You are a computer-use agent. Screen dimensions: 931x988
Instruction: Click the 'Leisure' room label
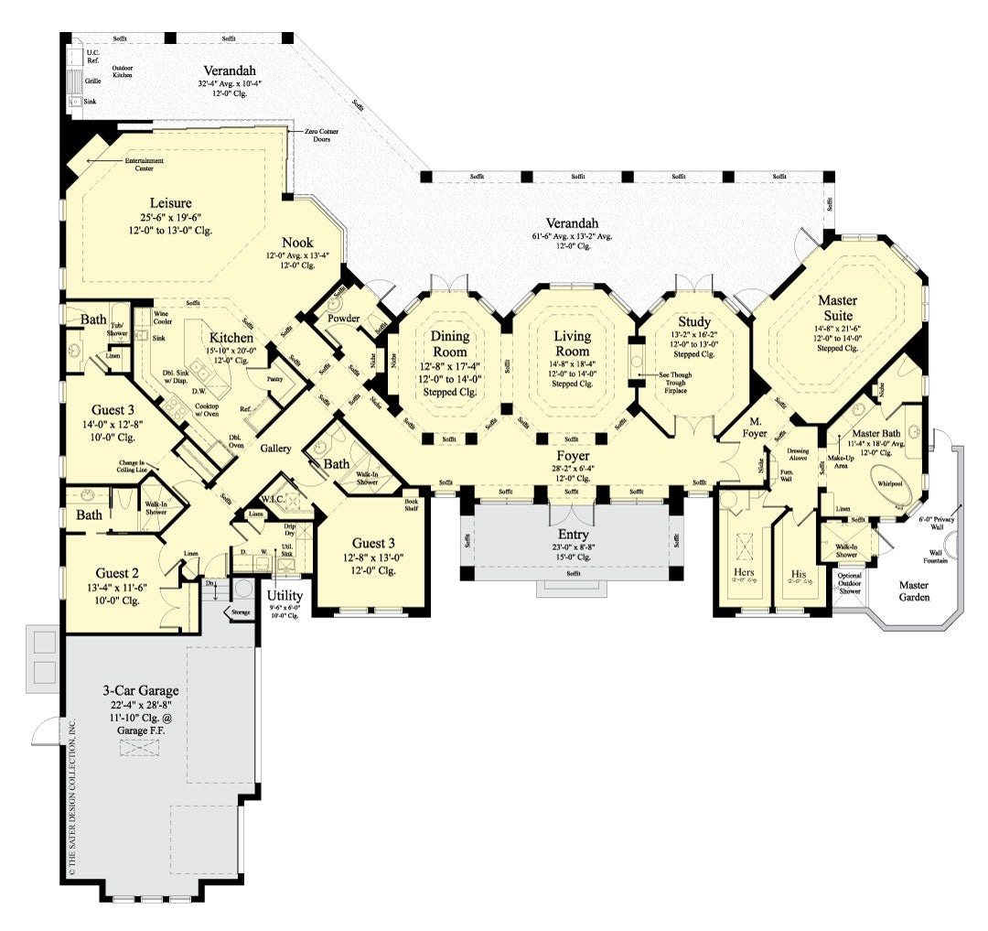point(171,202)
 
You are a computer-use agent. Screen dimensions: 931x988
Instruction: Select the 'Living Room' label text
point(573,343)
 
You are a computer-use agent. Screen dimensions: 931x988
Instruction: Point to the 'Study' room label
point(694,321)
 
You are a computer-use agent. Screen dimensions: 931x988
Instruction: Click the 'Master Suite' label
point(837,307)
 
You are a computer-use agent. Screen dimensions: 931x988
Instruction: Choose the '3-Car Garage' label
point(140,691)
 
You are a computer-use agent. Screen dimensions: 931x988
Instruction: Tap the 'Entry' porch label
point(573,535)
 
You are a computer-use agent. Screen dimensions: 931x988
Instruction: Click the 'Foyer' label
point(574,455)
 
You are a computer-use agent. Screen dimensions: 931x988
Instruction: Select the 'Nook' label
point(297,243)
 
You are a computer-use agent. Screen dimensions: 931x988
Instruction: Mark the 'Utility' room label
point(284,594)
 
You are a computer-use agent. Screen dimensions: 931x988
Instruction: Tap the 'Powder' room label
point(343,319)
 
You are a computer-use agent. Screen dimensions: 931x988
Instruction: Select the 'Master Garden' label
point(914,590)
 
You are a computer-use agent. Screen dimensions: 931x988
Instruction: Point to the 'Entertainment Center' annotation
point(144,164)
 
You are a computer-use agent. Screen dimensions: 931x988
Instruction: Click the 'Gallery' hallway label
point(274,449)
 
